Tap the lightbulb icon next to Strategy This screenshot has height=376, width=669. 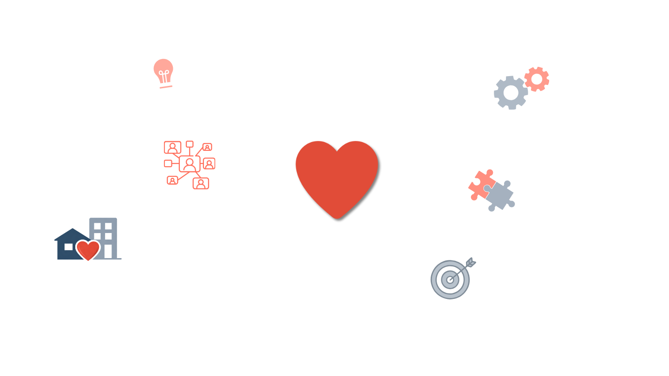tap(163, 72)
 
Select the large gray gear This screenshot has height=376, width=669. tap(511, 93)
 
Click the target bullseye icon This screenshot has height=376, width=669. tap(450, 279)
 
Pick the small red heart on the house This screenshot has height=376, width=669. tap(88, 250)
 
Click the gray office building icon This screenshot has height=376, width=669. tap(104, 238)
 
